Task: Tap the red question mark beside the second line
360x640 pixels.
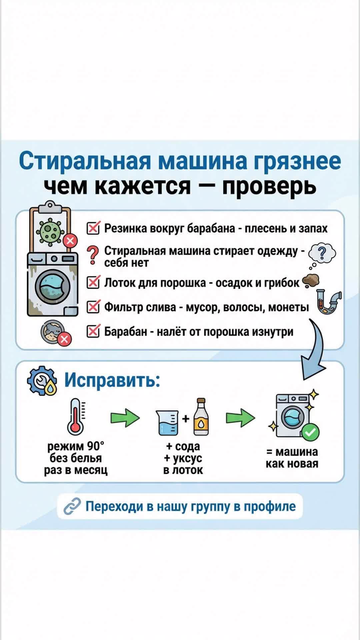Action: coord(93,255)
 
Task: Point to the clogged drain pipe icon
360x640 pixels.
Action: coord(328,302)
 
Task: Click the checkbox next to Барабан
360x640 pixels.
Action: coord(93,331)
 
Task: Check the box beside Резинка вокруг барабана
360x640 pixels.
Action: coord(93,228)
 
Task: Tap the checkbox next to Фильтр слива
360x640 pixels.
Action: coord(93,307)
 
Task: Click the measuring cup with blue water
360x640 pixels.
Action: coord(167,422)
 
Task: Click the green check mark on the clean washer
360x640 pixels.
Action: coord(311,432)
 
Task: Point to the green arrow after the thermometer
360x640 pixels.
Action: coord(125,418)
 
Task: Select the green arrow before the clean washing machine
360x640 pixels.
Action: coord(240,418)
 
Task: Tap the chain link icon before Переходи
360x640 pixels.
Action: coord(72,506)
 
